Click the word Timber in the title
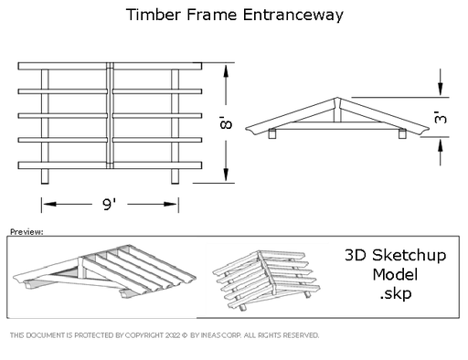[x=154, y=15]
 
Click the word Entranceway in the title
[x=293, y=16]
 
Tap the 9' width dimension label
[x=109, y=204]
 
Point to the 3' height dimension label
[x=441, y=117]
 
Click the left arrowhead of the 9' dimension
[x=49, y=204]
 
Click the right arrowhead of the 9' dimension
[x=171, y=204]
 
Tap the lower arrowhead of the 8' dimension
[x=226, y=175]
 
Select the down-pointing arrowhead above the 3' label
[x=441, y=90]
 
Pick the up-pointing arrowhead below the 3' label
[x=441, y=144]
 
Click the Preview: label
[x=27, y=232]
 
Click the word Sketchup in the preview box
[x=409, y=256]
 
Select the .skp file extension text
[x=396, y=294]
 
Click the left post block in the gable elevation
[x=272, y=133]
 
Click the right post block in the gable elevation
[x=402, y=133]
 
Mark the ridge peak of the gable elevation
[x=337, y=98]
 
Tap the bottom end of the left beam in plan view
[x=45, y=184]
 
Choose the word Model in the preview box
[x=395, y=275]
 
